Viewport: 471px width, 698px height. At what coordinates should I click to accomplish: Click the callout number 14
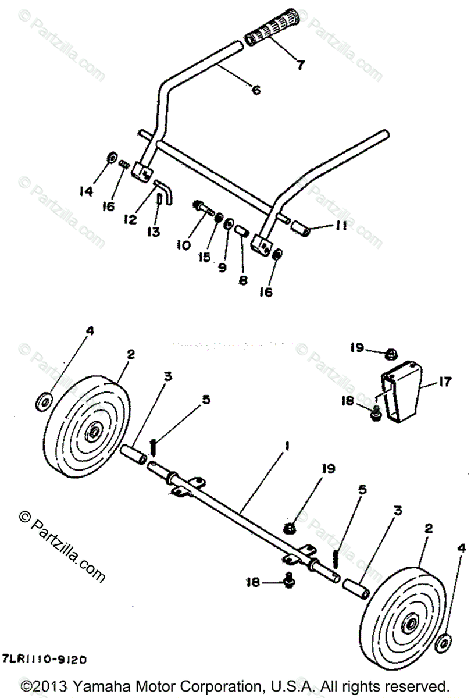(86, 191)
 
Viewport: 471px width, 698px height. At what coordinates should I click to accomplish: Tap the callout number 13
(153, 232)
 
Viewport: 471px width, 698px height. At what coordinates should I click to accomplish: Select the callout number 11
(342, 225)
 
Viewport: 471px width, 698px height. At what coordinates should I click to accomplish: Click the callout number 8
(243, 280)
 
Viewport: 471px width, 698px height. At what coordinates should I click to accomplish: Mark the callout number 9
(222, 267)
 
